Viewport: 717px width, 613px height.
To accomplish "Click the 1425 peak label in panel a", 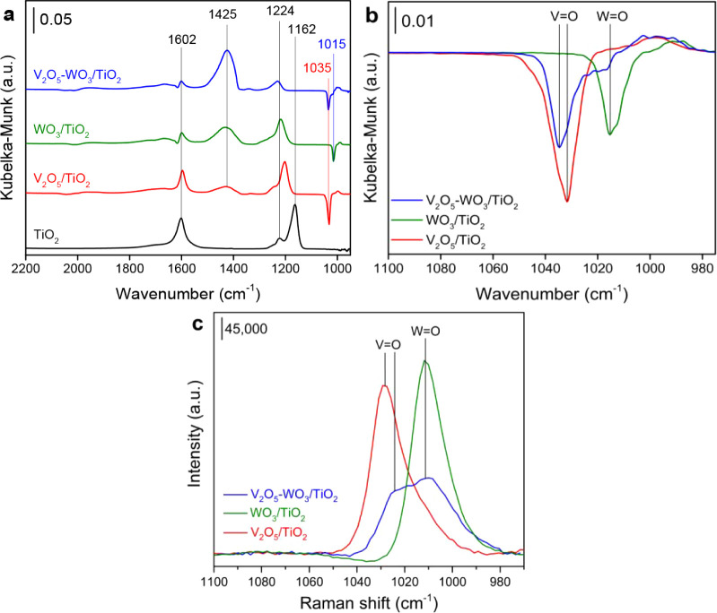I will point(226,15).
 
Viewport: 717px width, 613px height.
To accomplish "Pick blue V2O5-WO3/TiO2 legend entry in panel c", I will point(278,496).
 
